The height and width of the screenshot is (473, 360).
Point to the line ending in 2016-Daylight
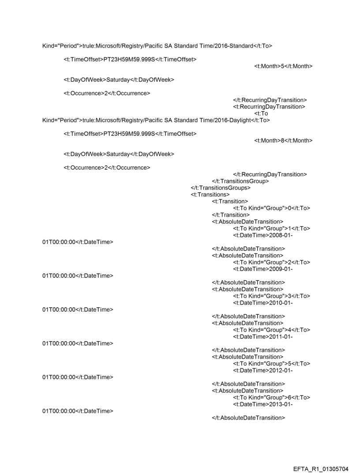point(156,120)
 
